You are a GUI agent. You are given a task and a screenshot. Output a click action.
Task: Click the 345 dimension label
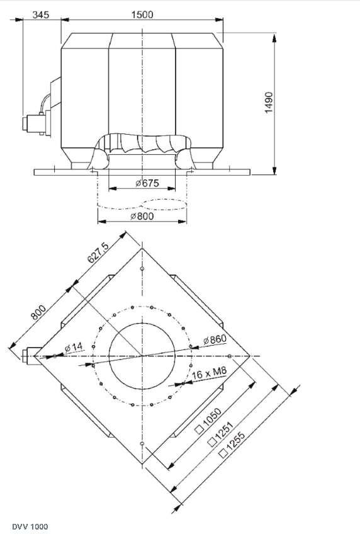(x=41, y=14)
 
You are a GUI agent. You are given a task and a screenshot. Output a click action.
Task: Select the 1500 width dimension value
(x=142, y=14)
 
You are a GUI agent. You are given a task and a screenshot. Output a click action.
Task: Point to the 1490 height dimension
(x=269, y=103)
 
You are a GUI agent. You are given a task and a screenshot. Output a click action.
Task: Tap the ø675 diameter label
(x=147, y=183)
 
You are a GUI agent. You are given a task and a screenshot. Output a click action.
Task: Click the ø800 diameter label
(x=142, y=216)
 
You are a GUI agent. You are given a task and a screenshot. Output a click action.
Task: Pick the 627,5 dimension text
(x=98, y=252)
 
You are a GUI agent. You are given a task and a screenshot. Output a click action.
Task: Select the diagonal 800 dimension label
(x=38, y=312)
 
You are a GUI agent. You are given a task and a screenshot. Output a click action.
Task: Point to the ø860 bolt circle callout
(x=215, y=339)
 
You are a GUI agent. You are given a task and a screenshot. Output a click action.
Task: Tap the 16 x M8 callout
(x=209, y=373)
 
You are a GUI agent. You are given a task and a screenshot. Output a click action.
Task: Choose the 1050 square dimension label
(x=208, y=421)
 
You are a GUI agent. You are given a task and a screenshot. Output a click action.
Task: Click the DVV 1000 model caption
(x=30, y=526)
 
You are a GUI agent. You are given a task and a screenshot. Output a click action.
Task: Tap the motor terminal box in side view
(x=33, y=123)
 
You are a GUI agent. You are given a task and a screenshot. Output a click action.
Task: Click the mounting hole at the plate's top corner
(x=142, y=268)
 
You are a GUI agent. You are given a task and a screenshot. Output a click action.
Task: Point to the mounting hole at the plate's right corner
(x=230, y=356)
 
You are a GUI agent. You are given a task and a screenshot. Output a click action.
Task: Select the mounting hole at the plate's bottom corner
(x=142, y=443)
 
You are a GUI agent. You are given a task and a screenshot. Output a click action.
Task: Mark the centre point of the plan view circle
(x=142, y=356)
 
